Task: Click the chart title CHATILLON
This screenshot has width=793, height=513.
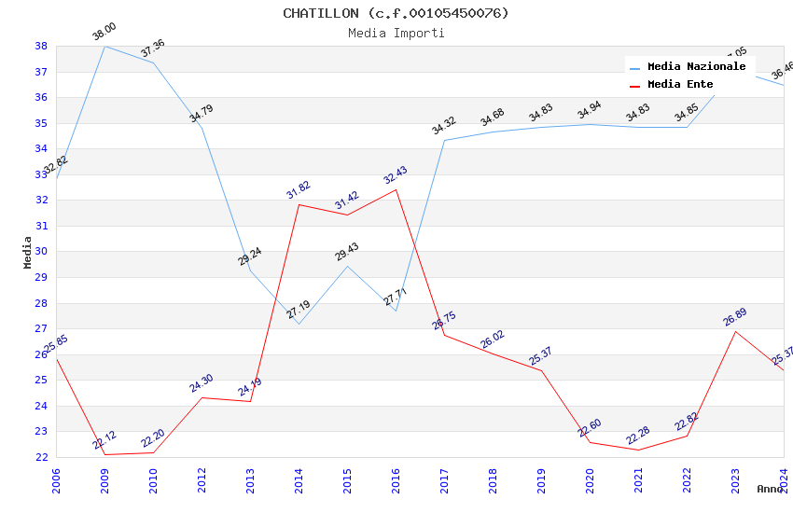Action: point(396,13)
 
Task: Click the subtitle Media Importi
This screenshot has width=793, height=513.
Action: point(396,34)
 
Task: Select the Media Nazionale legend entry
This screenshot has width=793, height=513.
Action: point(696,67)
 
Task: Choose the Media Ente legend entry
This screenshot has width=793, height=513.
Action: point(680,85)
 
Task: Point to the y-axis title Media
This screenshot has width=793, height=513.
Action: point(28,252)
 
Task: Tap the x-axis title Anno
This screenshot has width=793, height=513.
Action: point(770,489)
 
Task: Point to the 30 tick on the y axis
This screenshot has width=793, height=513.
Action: point(41,252)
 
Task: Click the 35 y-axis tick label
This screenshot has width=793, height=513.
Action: point(41,123)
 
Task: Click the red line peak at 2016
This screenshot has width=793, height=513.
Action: point(396,189)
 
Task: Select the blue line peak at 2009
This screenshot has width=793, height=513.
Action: point(104,46)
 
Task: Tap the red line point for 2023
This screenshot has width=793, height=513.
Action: point(735,331)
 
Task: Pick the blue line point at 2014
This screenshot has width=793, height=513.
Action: point(299,324)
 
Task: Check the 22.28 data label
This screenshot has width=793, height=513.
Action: point(638,436)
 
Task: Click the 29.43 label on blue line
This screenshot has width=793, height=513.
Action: point(347,253)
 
